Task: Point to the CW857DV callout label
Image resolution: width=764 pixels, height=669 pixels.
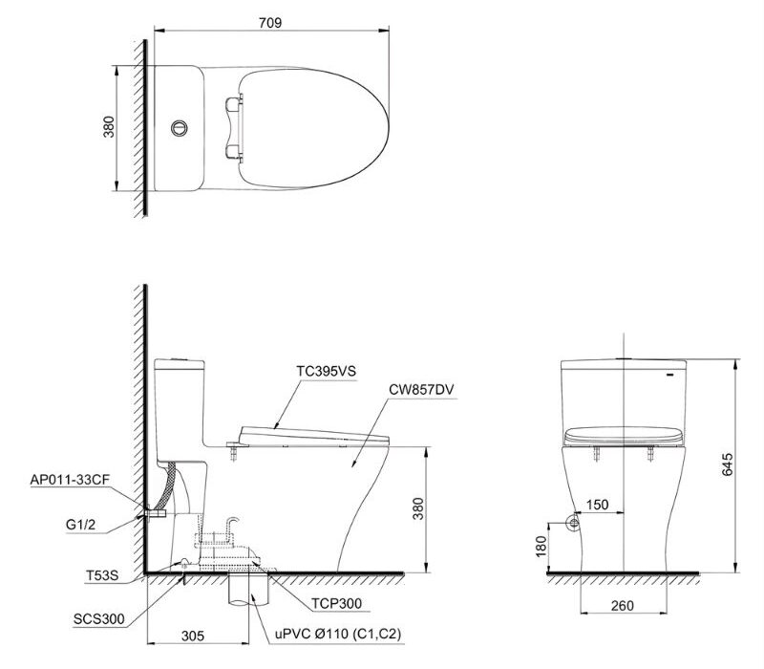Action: (420, 389)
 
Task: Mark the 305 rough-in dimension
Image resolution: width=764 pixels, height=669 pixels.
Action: (194, 635)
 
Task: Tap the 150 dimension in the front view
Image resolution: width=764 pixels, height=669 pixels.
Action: (598, 505)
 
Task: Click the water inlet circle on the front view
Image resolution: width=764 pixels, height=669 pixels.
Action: (574, 523)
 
